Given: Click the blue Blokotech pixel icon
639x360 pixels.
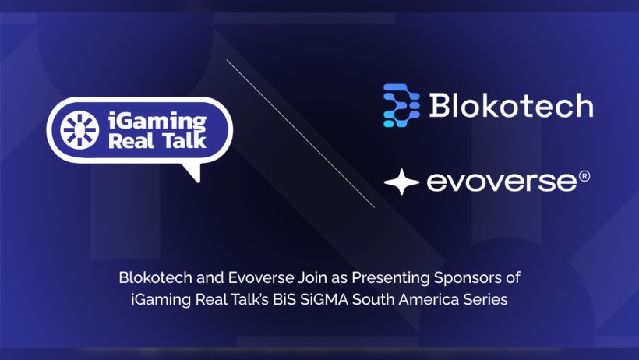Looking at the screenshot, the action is [401, 105].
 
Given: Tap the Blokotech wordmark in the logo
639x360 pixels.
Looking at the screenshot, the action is [511, 106].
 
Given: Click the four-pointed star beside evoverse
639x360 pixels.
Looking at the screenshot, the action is [401, 182].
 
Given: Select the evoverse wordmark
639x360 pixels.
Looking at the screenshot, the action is [502, 182].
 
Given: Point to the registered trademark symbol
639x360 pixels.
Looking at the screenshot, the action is [584, 176].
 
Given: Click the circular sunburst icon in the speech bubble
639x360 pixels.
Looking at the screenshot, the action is [79, 130].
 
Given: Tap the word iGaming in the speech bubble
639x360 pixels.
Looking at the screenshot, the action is [157, 121].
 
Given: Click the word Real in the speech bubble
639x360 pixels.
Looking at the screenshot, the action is [131, 141].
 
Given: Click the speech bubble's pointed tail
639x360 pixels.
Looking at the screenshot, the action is [194, 171].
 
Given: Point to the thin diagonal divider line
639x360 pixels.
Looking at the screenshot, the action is [300, 134].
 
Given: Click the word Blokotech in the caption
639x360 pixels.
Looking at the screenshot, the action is [155, 277].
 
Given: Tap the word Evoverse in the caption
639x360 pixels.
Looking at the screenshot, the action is [260, 277].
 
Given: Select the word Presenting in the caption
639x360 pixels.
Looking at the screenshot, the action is [390, 278].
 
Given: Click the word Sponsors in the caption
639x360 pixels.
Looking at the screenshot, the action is [468, 278].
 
